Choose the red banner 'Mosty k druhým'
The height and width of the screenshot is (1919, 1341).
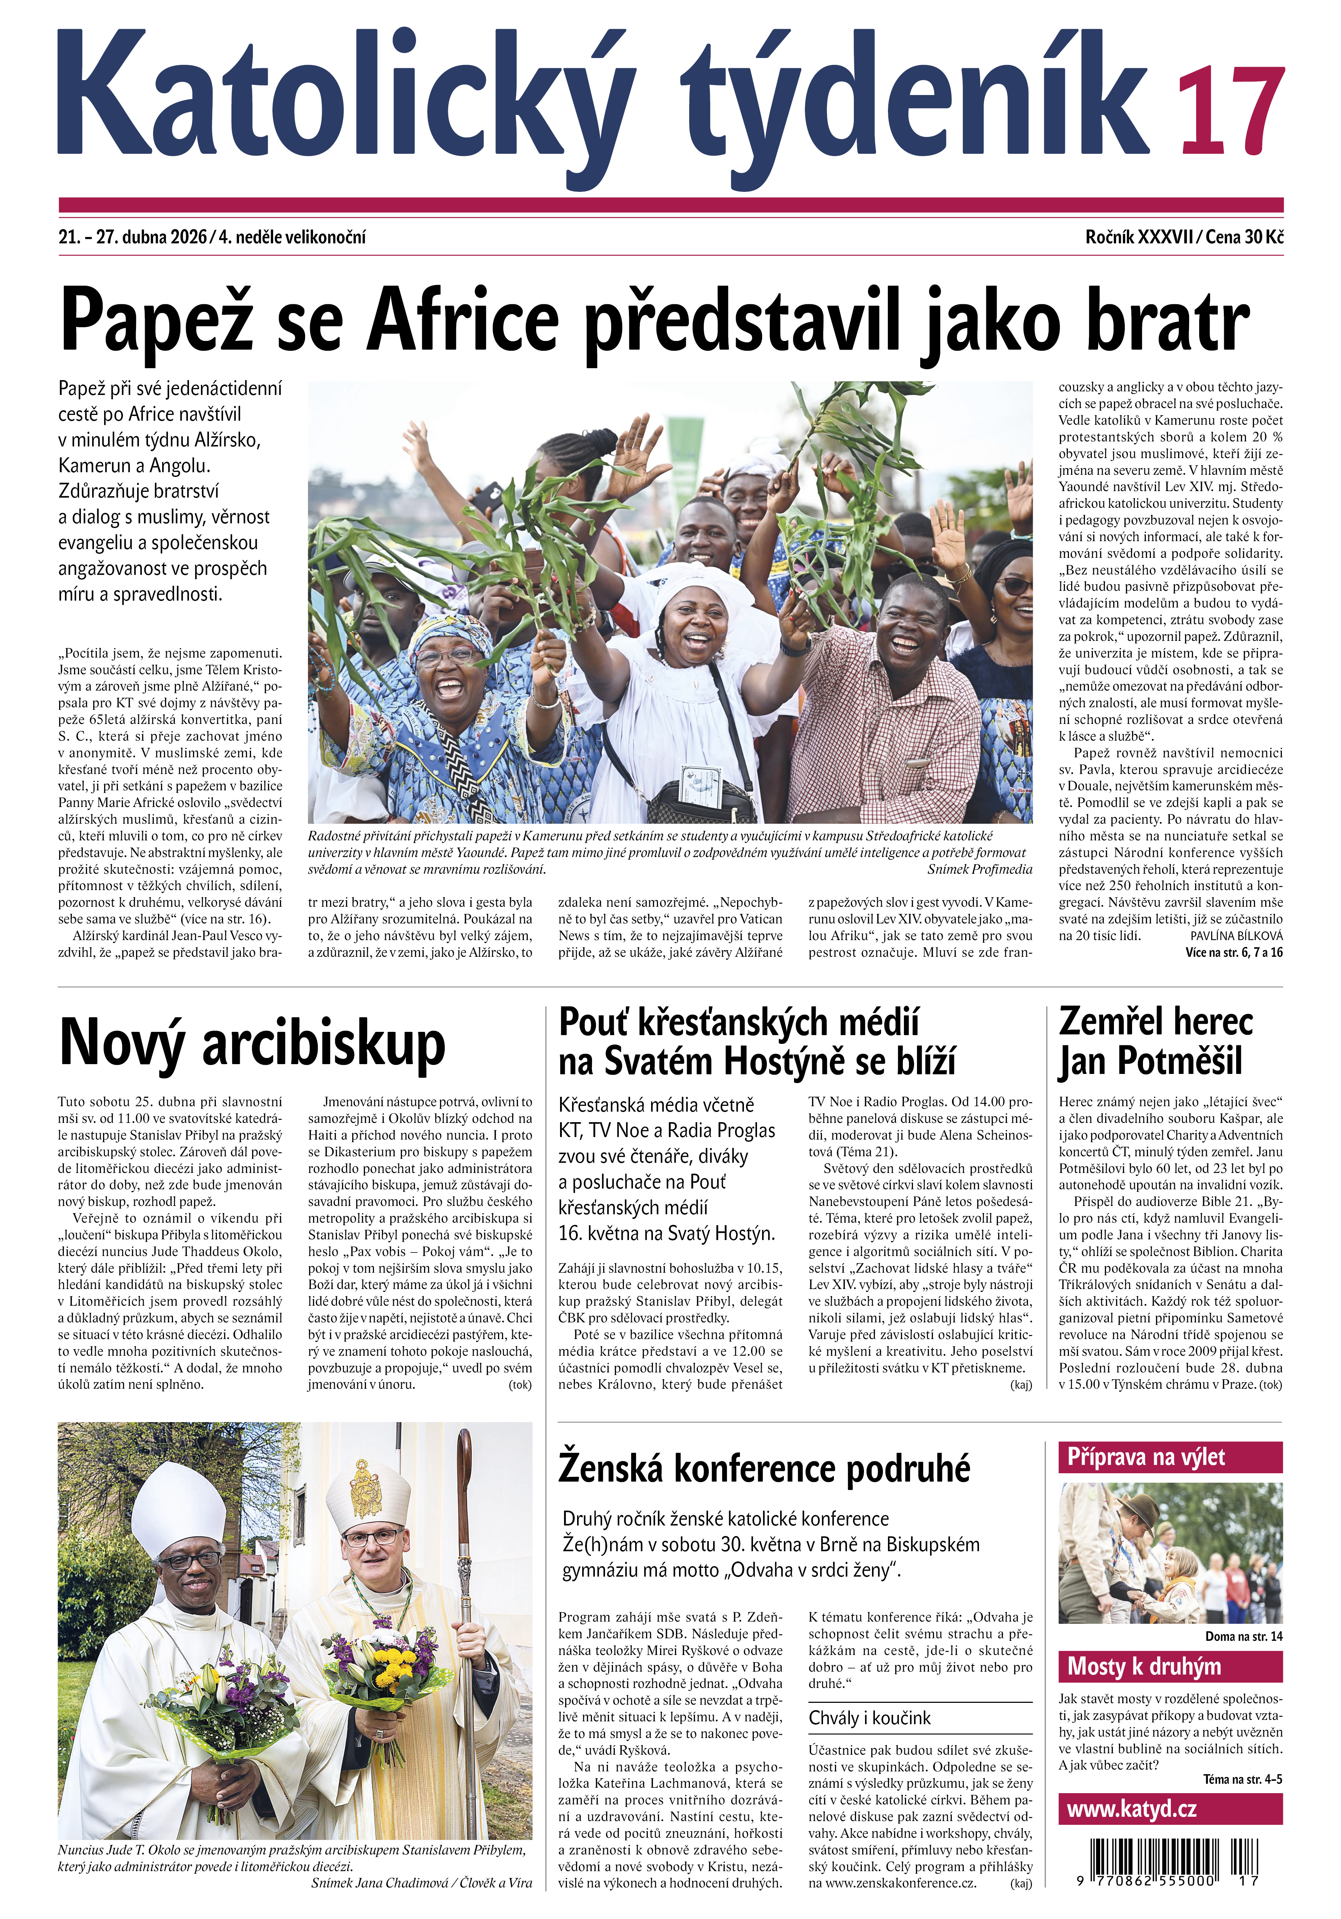[1170, 1667]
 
